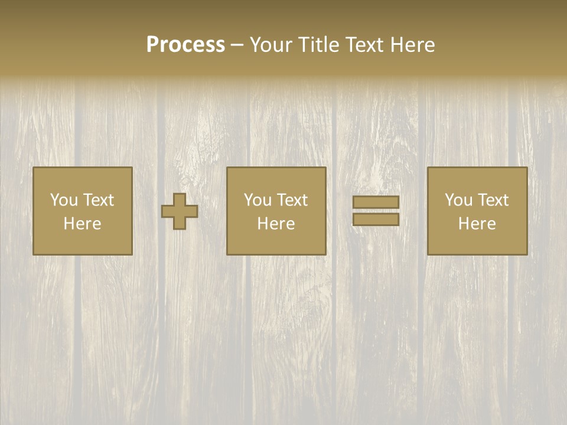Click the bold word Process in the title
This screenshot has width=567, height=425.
(x=185, y=45)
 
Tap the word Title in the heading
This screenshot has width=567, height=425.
(x=318, y=45)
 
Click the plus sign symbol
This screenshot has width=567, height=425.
(x=180, y=211)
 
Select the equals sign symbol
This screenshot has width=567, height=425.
(x=376, y=211)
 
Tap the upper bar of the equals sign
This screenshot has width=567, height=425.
(x=376, y=202)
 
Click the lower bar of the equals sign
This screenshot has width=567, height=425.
(x=376, y=220)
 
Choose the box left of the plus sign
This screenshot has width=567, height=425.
(x=82, y=211)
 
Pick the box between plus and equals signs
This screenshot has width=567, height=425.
(x=276, y=211)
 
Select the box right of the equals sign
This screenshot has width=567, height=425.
(x=477, y=211)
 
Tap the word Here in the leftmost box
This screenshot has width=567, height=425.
(x=82, y=224)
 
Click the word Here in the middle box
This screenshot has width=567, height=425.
(x=276, y=224)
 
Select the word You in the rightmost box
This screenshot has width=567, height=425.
(x=459, y=200)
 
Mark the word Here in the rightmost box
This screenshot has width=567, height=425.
(x=477, y=224)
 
